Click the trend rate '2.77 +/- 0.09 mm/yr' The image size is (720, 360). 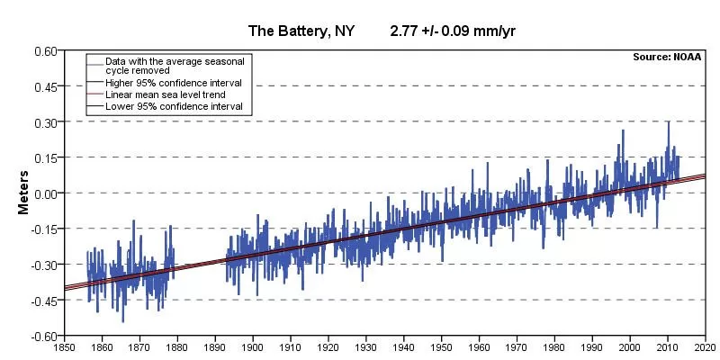point(452,31)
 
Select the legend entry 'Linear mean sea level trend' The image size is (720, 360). point(165,94)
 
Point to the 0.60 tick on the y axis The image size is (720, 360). point(44,50)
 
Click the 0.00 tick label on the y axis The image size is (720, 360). point(44,193)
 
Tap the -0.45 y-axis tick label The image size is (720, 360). point(42,301)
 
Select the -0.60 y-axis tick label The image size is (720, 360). point(42,337)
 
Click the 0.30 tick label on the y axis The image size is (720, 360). point(44,121)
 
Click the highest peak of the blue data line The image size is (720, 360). point(668,121)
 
